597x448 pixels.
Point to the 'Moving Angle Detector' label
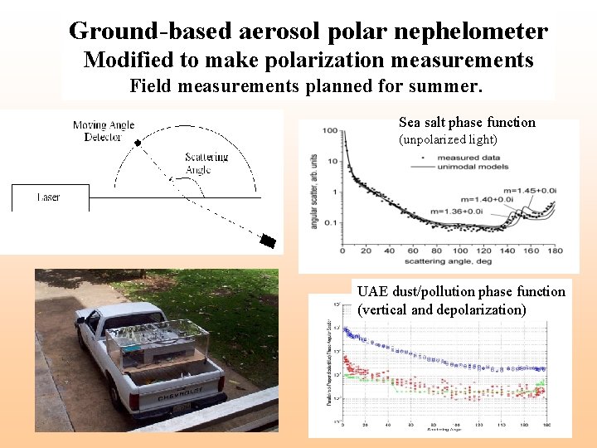coord(104,131)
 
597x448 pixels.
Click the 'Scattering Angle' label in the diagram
coord(206,163)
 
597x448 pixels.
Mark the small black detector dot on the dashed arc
coord(138,143)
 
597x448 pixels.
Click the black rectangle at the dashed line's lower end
coord(267,241)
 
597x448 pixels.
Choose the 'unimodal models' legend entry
coord(470,166)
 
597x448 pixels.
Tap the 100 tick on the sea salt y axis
coord(330,131)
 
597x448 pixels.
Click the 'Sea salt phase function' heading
coord(467,123)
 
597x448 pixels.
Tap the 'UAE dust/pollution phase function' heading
coord(461,292)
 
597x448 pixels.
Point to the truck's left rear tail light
coord(133,402)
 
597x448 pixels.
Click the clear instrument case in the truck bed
coord(153,340)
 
